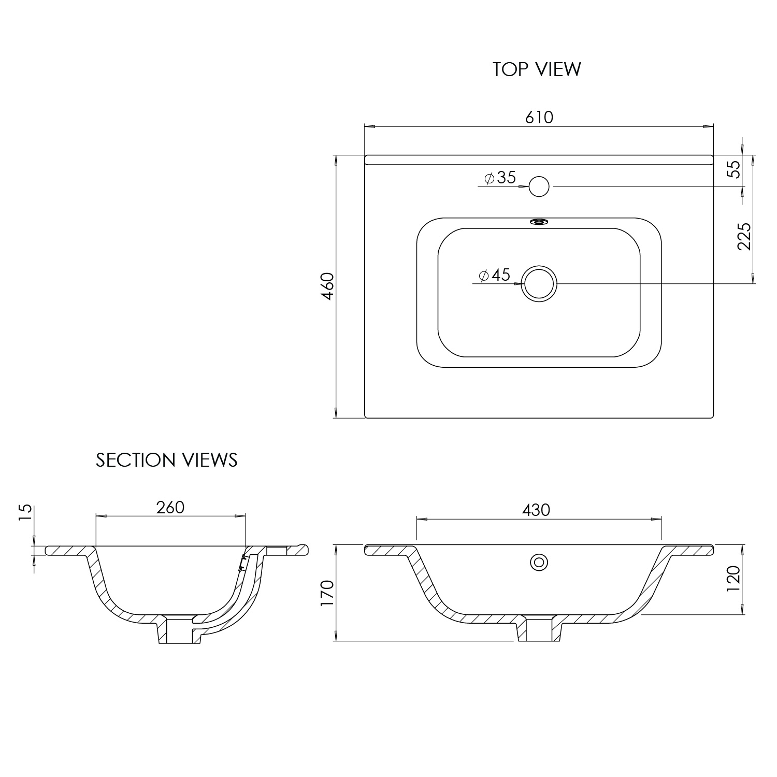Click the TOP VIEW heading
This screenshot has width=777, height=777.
pos(537,69)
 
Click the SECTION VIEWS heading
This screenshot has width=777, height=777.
pos(166,460)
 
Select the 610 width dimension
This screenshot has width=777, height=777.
pos(539,118)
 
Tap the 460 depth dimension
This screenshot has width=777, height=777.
pos(328,286)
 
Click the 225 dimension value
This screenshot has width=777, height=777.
pos(744,236)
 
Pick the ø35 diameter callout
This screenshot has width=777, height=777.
pos(500,178)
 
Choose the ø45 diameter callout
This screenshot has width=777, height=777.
pos(495,275)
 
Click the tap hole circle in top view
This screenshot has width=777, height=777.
pos(539,186)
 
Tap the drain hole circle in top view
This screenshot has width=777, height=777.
pos(539,284)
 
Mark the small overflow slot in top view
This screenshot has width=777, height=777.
pos(539,222)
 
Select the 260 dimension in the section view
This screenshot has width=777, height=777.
pos(170,507)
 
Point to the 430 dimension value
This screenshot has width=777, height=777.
pos(536,510)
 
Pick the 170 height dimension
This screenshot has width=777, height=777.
pos(328,594)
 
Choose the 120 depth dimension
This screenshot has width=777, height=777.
pos(734,580)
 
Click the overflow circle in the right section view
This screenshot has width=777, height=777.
pos(539,562)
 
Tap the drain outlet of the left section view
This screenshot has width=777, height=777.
pos(179,629)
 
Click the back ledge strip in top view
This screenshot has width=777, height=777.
pos(539,160)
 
